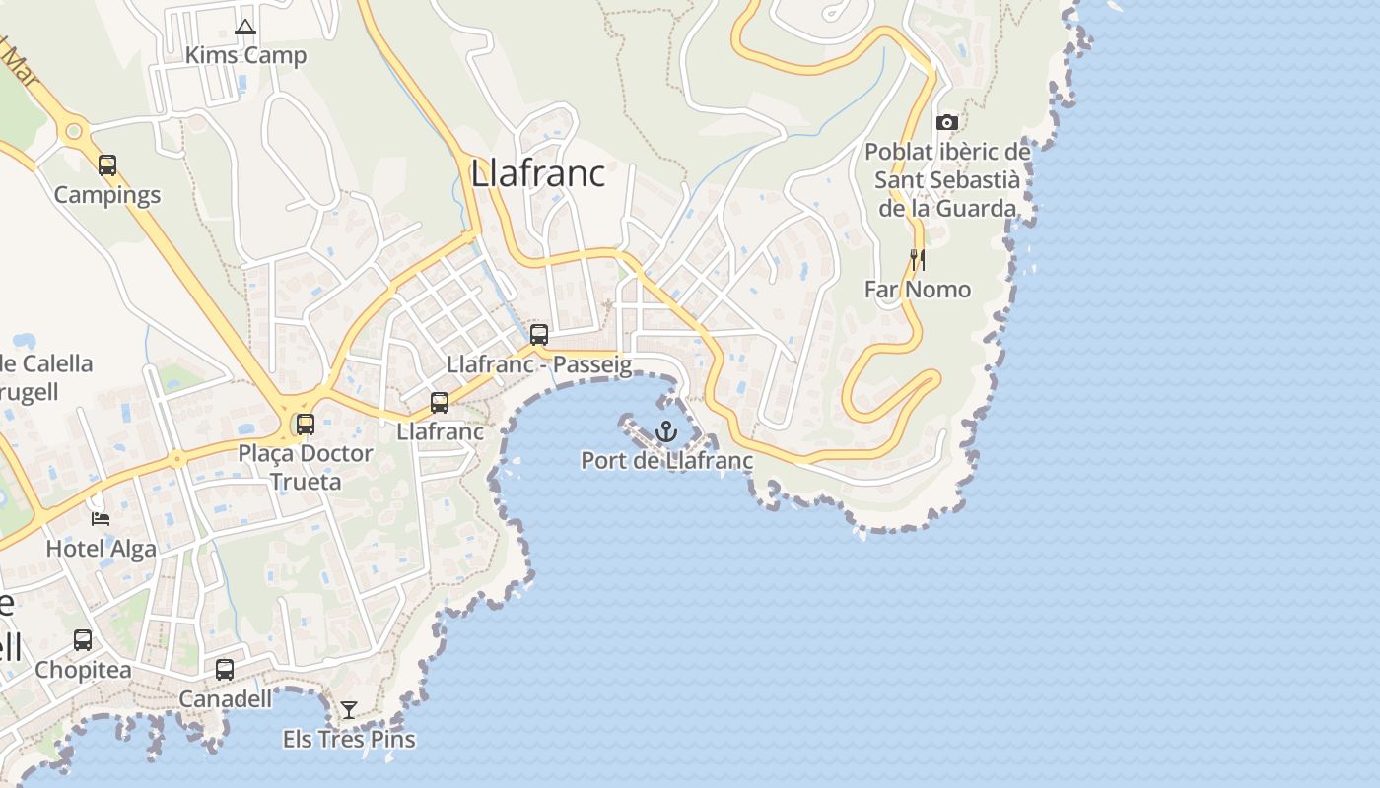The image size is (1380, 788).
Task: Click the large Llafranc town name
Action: [x=538, y=173]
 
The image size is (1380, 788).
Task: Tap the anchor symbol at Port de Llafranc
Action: [x=667, y=431]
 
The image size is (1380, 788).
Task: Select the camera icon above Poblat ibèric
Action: [x=947, y=123]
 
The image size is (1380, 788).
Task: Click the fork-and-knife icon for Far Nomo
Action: [x=917, y=259]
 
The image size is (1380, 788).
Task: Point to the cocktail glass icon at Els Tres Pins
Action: [x=348, y=709]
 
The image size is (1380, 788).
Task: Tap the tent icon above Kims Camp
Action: [x=245, y=27]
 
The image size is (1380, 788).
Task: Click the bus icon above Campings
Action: [x=107, y=165]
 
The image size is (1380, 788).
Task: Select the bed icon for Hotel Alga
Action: [x=101, y=518]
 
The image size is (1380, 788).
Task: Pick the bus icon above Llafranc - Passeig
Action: [x=539, y=334]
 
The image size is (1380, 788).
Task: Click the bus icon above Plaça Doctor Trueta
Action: [x=306, y=425]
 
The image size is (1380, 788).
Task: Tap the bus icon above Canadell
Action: [x=225, y=670]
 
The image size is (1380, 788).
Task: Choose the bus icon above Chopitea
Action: [x=83, y=640]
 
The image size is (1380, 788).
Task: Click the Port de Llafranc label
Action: [x=667, y=460]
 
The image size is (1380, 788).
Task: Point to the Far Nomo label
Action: [x=918, y=290]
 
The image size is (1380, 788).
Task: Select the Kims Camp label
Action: [x=245, y=55]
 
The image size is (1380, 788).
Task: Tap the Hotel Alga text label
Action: [x=102, y=549]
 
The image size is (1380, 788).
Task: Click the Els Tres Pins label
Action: [x=349, y=739]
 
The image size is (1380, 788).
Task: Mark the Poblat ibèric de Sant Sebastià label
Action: [x=947, y=180]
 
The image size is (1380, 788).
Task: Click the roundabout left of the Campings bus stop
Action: [x=72, y=130]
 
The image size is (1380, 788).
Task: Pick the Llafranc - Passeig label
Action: [x=539, y=364]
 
